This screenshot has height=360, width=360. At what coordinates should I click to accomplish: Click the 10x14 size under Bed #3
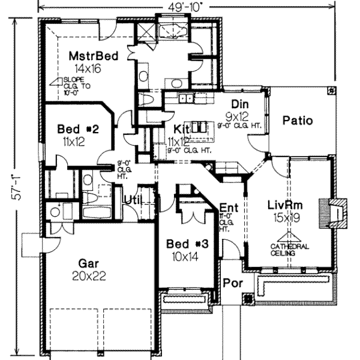(187, 256)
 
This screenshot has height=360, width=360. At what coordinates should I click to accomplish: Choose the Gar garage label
(88, 262)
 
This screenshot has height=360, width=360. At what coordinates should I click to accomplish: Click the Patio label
(298, 121)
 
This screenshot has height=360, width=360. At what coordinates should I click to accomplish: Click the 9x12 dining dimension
(239, 115)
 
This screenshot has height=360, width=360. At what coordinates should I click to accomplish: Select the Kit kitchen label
(182, 129)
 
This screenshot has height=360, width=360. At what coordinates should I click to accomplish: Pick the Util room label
(133, 200)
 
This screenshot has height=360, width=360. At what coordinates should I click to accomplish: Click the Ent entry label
(229, 208)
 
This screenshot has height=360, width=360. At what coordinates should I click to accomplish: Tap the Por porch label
(230, 282)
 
